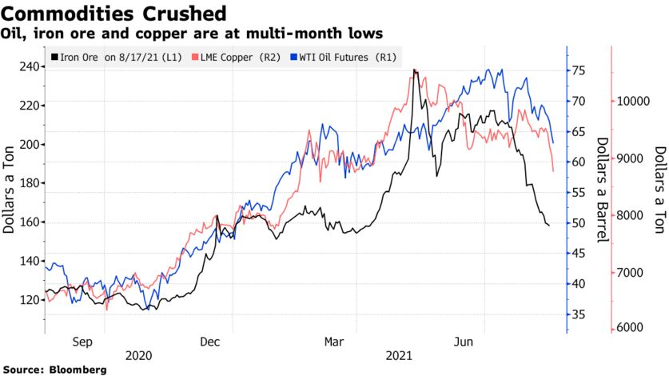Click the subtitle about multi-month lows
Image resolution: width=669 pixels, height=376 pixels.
(192, 34)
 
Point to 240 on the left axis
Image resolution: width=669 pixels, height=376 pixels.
(27, 66)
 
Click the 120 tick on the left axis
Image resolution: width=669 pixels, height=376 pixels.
(27, 300)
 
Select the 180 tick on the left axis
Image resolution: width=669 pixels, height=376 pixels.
(27, 183)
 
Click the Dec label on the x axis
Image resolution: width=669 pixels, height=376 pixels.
(209, 342)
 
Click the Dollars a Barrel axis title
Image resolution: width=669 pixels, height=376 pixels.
(599, 189)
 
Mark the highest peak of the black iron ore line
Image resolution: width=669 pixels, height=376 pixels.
(414, 70)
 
